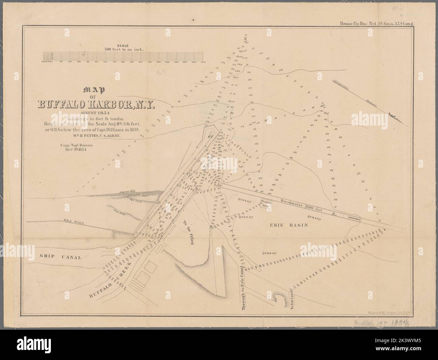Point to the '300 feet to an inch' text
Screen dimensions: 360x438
tap(123, 49)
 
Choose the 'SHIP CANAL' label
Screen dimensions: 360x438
tap(60, 257)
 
